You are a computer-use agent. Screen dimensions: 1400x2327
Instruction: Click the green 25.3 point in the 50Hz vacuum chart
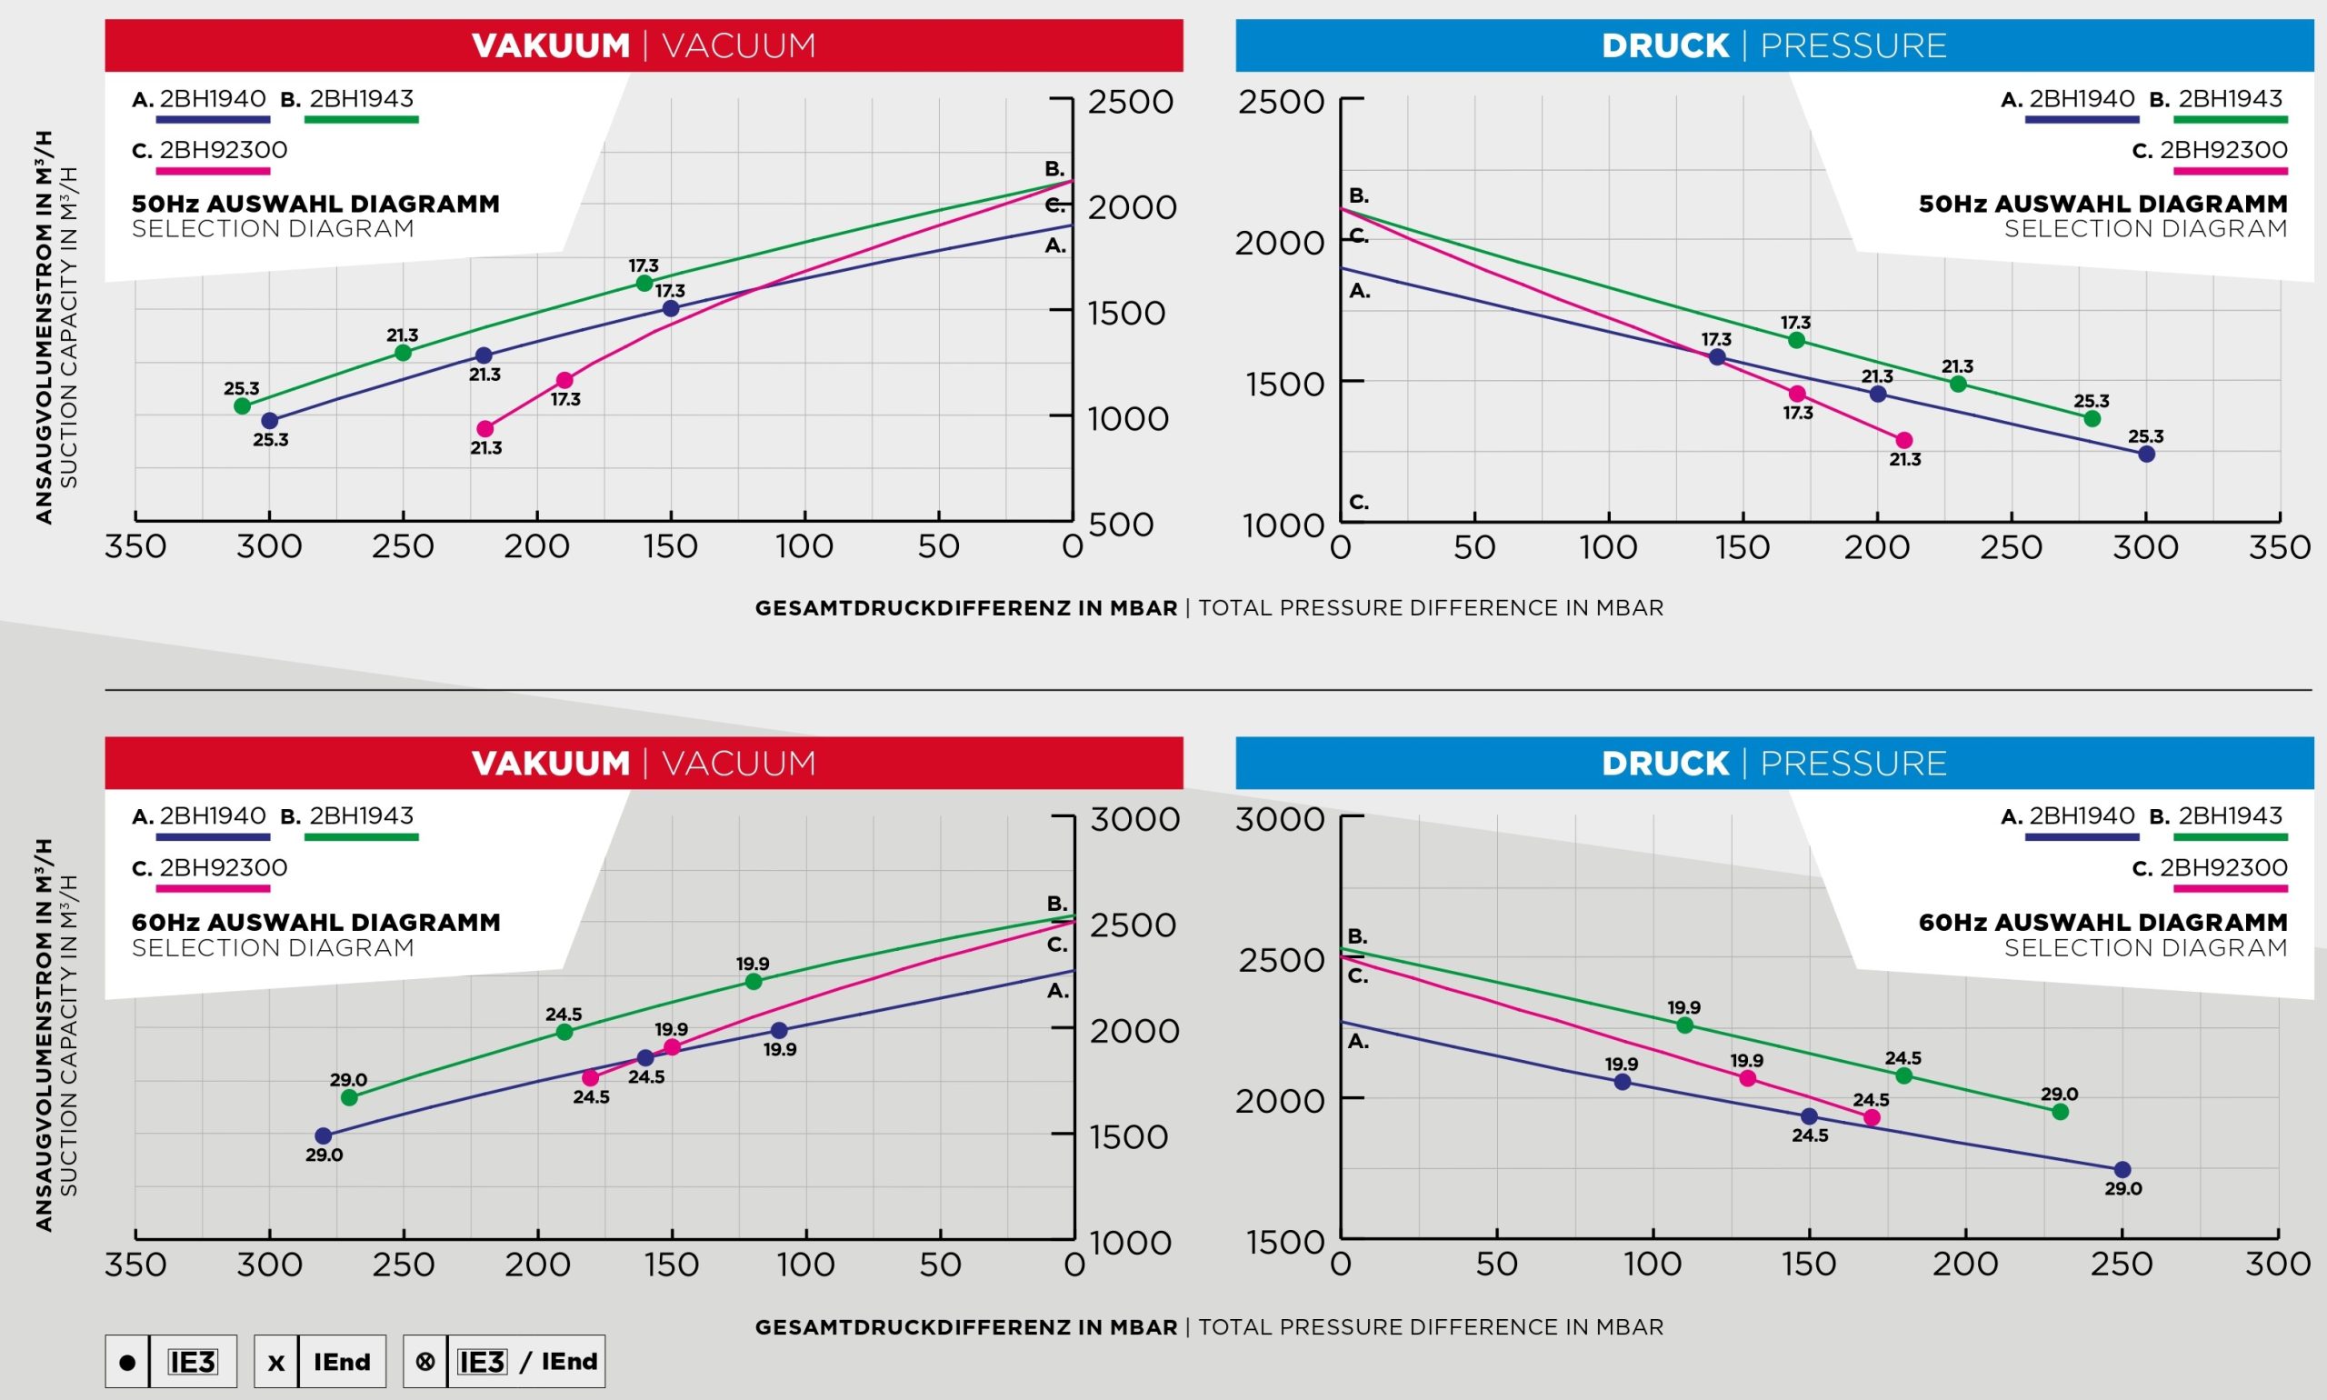(243, 405)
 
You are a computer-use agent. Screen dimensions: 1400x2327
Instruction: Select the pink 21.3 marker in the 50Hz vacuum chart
(484, 428)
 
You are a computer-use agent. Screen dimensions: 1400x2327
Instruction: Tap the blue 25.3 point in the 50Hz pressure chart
(2146, 454)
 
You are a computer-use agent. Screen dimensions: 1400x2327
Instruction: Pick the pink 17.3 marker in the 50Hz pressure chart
(1797, 394)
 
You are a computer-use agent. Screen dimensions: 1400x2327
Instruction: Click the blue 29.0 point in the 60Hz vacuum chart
(324, 1135)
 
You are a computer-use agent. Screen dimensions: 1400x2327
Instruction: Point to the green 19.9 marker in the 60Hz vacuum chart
(753, 981)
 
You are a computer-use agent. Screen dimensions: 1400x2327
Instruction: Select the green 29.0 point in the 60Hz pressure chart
(2060, 1111)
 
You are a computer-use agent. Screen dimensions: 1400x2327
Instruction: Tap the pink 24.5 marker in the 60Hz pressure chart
(1873, 1118)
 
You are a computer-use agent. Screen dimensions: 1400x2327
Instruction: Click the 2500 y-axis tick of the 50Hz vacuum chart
(1130, 102)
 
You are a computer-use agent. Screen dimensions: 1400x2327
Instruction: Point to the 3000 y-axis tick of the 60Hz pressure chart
(1279, 819)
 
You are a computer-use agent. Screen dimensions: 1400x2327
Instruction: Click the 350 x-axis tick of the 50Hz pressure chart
(2279, 547)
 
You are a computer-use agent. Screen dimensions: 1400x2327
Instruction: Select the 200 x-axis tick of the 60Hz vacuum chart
(537, 1265)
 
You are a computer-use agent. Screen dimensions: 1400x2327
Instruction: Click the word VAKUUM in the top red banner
(551, 45)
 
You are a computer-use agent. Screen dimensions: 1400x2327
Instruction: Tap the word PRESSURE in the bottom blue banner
(1853, 764)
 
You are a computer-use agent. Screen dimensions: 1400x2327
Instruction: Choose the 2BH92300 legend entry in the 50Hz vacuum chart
(223, 150)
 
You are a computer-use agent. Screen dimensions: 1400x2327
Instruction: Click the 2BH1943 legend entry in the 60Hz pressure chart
(2230, 816)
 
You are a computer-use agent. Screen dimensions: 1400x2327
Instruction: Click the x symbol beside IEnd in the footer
(275, 1362)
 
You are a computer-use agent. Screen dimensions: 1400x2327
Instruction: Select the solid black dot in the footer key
(127, 1362)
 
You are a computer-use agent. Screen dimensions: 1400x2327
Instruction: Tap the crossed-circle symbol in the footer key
(425, 1361)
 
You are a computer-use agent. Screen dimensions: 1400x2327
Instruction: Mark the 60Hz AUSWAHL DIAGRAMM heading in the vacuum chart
(316, 922)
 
